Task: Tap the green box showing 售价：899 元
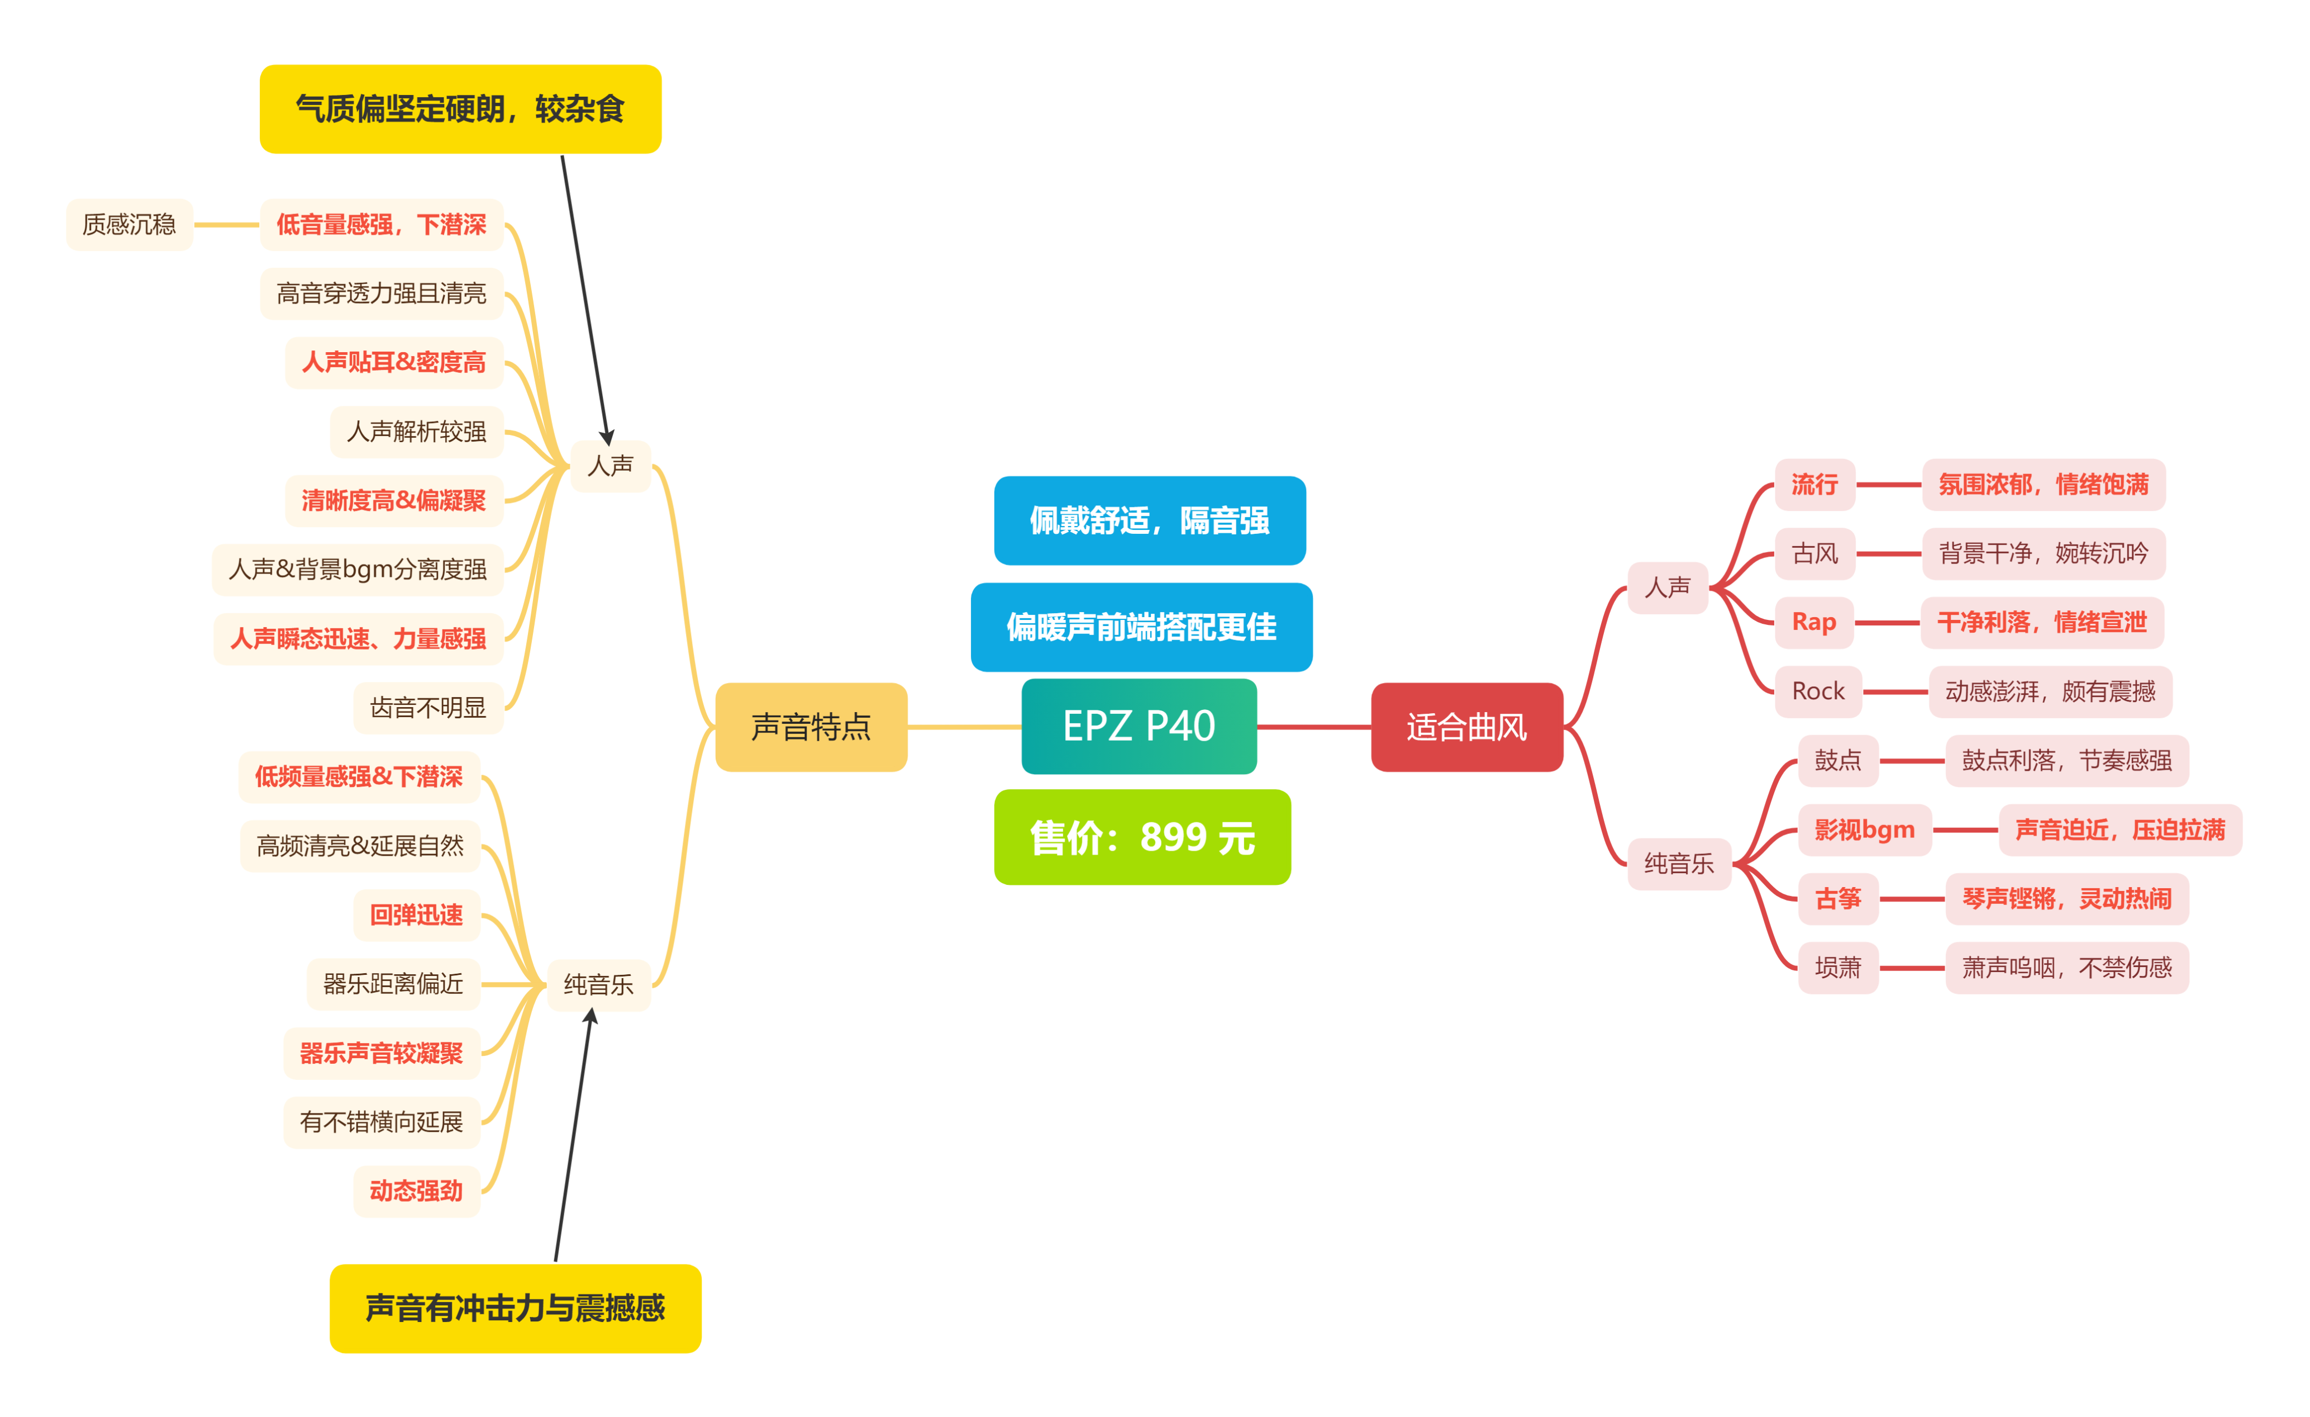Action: tap(1142, 837)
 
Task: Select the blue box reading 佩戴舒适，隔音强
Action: tap(1149, 520)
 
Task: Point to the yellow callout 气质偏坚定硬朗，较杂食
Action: tap(460, 110)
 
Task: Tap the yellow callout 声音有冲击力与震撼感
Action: tap(516, 1308)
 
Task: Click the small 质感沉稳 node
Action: tap(130, 225)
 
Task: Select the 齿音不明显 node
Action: tap(428, 708)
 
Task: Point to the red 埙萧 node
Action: tap(1837, 968)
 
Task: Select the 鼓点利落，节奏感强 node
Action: tap(2066, 761)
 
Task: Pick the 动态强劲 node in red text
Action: tap(416, 1191)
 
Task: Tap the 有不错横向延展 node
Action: tap(382, 1122)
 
